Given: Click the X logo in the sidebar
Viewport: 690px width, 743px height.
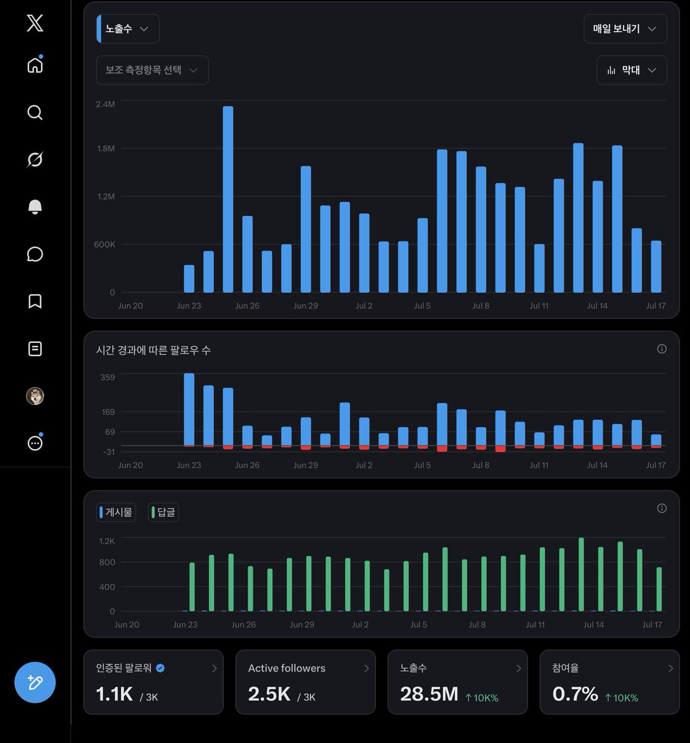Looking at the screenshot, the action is [x=35, y=23].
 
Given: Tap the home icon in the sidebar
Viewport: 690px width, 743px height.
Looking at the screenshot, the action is [x=35, y=65].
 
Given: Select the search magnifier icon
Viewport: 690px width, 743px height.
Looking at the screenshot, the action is [x=35, y=112].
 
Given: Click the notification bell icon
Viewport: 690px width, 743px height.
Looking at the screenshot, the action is [x=35, y=207].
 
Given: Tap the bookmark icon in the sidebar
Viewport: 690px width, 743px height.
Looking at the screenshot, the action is [x=35, y=301].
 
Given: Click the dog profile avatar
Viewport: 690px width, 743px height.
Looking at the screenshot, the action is [x=35, y=396].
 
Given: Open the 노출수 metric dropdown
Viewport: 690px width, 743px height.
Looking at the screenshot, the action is [x=128, y=29].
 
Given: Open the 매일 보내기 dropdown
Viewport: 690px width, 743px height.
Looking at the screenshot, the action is [x=625, y=29].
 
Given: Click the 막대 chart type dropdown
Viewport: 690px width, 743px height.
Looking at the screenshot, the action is [x=631, y=70].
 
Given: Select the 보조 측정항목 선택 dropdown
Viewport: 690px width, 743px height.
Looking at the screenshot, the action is [x=152, y=70].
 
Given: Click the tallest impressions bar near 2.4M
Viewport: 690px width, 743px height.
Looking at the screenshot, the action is [x=228, y=199].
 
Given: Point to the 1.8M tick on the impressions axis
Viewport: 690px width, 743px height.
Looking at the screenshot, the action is [x=106, y=149].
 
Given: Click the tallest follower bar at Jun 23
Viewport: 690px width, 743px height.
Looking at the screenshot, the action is [x=189, y=409].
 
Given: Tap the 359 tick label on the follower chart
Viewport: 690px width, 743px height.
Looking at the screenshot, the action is [x=107, y=377].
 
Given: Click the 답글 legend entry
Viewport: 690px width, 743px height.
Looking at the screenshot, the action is [x=164, y=512].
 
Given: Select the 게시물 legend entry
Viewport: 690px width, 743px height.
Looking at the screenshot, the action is [x=116, y=512].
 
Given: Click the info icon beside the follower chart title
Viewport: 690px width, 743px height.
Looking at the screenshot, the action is [x=662, y=349].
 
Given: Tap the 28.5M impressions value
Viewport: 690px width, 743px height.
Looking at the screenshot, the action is [x=429, y=694].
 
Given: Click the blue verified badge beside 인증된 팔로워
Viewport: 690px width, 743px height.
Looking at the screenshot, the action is [x=160, y=668].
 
